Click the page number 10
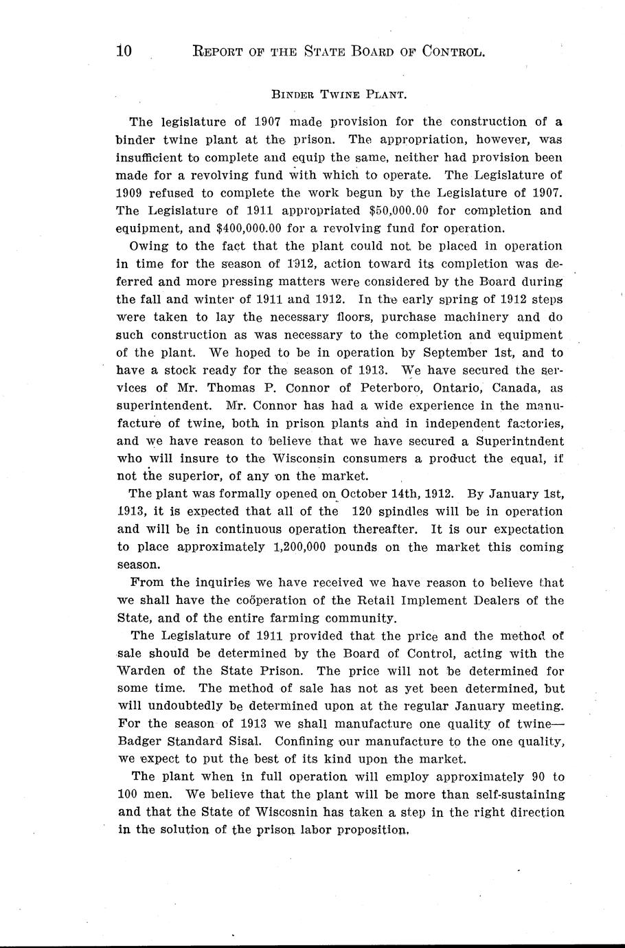tap(124, 52)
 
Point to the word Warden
tap(144, 671)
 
